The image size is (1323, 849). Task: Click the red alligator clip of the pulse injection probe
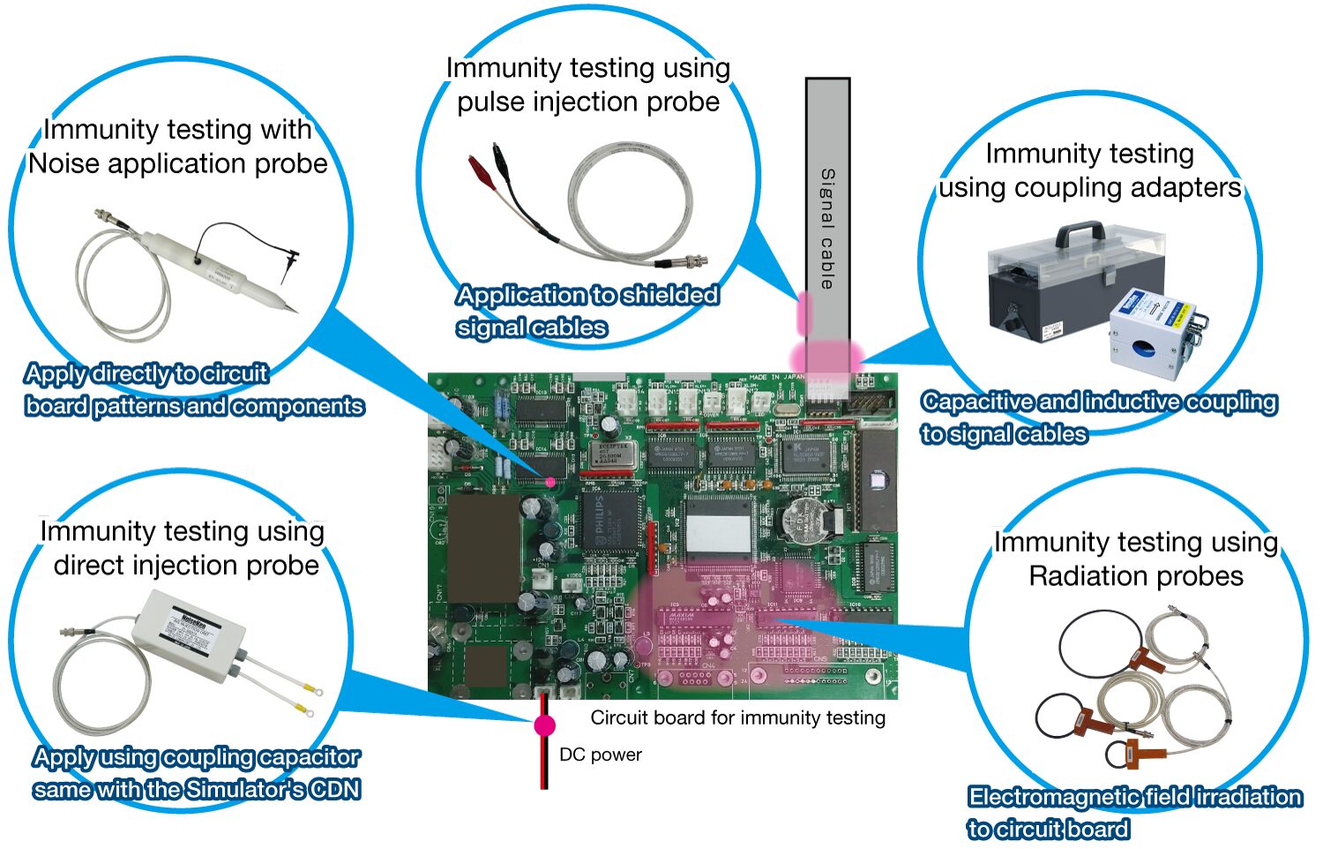point(481,165)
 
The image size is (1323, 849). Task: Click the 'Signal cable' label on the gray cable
point(827,228)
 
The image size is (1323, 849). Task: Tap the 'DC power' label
point(600,755)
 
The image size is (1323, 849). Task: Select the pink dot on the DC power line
point(545,725)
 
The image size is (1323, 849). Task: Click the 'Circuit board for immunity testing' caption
point(737,718)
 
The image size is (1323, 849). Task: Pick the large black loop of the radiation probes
point(1099,644)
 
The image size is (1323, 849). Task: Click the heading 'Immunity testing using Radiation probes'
point(1136,559)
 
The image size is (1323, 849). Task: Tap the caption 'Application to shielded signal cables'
point(587,311)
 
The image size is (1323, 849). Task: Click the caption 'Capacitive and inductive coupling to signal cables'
point(1098,417)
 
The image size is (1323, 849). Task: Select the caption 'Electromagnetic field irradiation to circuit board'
point(1134,812)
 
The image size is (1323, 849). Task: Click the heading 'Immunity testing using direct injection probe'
point(183,547)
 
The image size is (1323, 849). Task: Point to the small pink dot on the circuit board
point(551,482)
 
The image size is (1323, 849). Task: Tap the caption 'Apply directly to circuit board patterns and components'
point(194,389)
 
